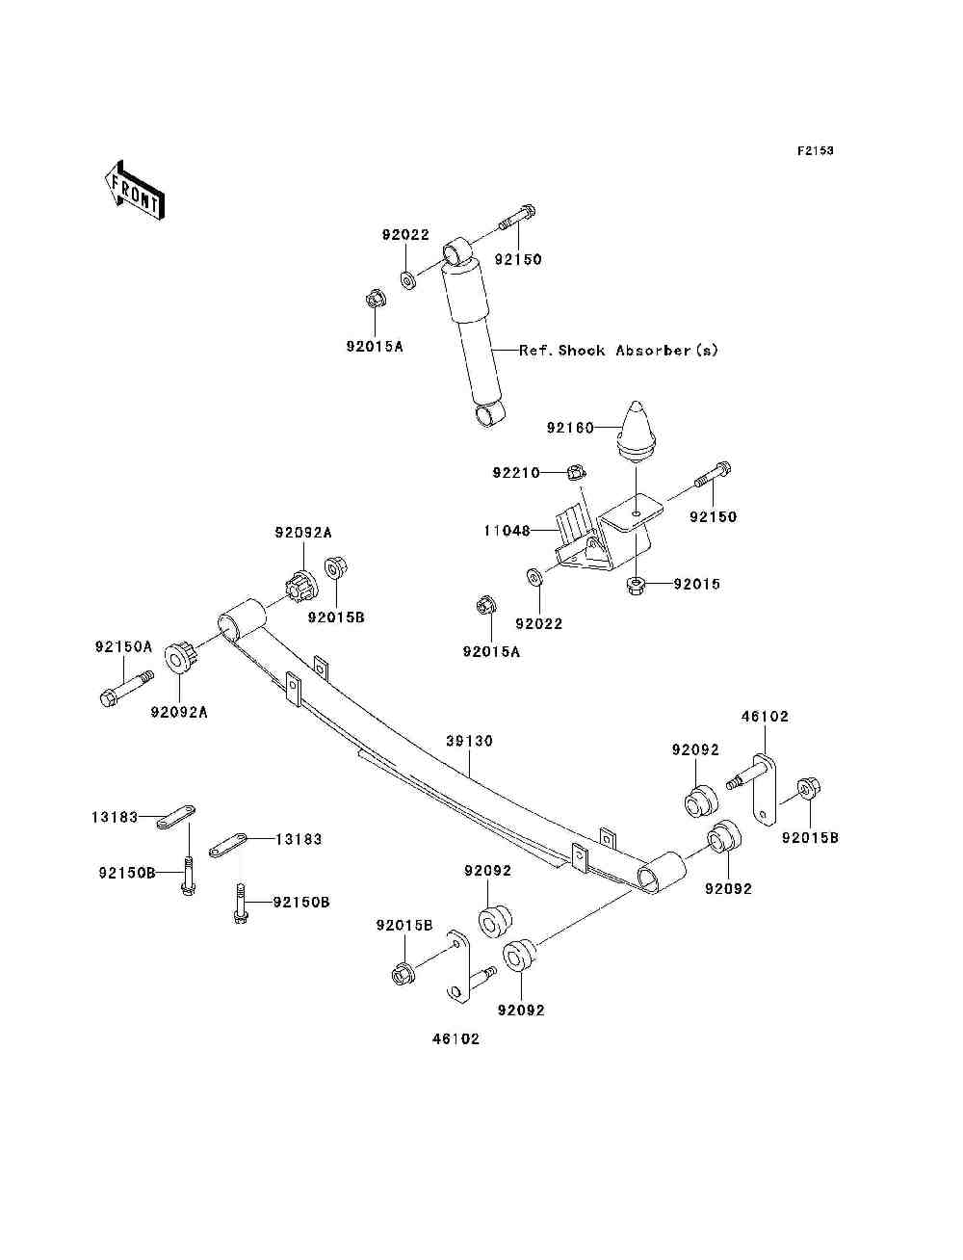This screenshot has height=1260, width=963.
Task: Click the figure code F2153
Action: pyautogui.click(x=815, y=150)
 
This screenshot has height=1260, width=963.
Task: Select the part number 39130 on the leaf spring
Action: pyautogui.click(x=469, y=741)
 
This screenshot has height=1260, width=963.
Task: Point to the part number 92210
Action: pyautogui.click(x=516, y=473)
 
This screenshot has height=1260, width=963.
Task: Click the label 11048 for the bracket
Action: pyautogui.click(x=507, y=530)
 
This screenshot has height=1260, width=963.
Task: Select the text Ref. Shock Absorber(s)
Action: pyautogui.click(x=618, y=351)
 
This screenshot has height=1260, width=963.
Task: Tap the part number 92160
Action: pyautogui.click(x=570, y=428)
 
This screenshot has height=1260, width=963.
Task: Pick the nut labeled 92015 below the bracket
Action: pyautogui.click(x=635, y=584)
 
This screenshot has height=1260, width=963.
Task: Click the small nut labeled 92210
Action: pyautogui.click(x=575, y=472)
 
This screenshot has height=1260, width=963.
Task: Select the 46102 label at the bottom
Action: pyautogui.click(x=455, y=1038)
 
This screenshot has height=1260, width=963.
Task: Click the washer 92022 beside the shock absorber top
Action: pyautogui.click(x=407, y=280)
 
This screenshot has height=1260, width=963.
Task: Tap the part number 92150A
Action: pyautogui.click(x=123, y=646)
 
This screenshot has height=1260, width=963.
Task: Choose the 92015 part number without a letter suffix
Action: pyautogui.click(x=696, y=584)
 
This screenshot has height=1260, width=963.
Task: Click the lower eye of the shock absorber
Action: pyautogui.click(x=490, y=413)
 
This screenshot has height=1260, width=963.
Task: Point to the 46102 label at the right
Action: pyautogui.click(x=765, y=716)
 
